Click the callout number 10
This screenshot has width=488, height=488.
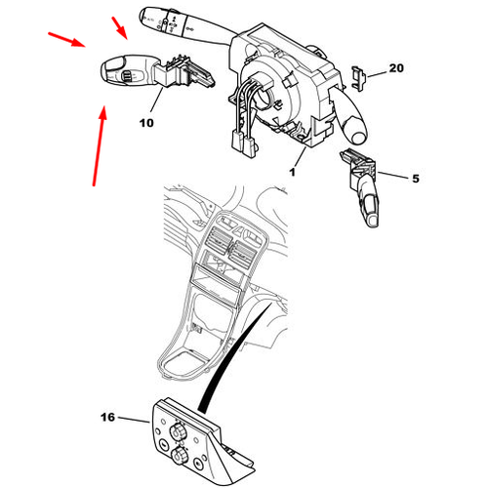[146, 123]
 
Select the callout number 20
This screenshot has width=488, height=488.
[396, 68]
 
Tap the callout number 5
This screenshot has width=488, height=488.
[416, 179]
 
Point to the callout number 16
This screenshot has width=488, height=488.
[107, 417]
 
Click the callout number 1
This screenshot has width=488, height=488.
[293, 172]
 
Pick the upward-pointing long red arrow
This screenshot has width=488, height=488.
[99, 145]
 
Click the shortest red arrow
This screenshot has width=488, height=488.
[119, 28]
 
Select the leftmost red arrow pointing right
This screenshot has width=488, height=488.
[66, 40]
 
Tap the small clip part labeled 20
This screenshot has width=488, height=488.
[358, 78]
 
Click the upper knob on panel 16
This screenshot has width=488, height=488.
[177, 432]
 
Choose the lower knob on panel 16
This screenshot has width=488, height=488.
[179, 457]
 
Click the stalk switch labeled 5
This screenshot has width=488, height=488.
[362, 187]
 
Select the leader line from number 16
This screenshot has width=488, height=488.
[134, 420]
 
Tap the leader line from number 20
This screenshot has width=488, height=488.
[377, 74]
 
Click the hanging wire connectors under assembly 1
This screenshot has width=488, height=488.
[243, 141]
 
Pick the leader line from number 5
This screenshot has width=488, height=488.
[392, 175]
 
